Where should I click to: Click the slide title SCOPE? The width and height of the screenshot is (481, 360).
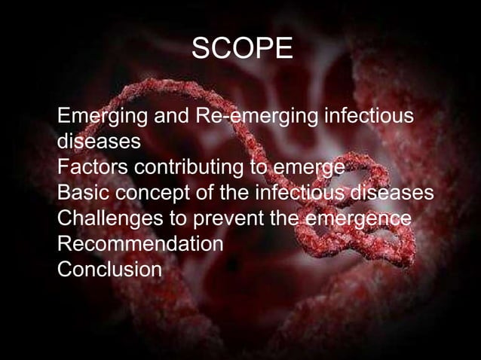[241, 50]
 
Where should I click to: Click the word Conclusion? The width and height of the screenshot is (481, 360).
[109, 269]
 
